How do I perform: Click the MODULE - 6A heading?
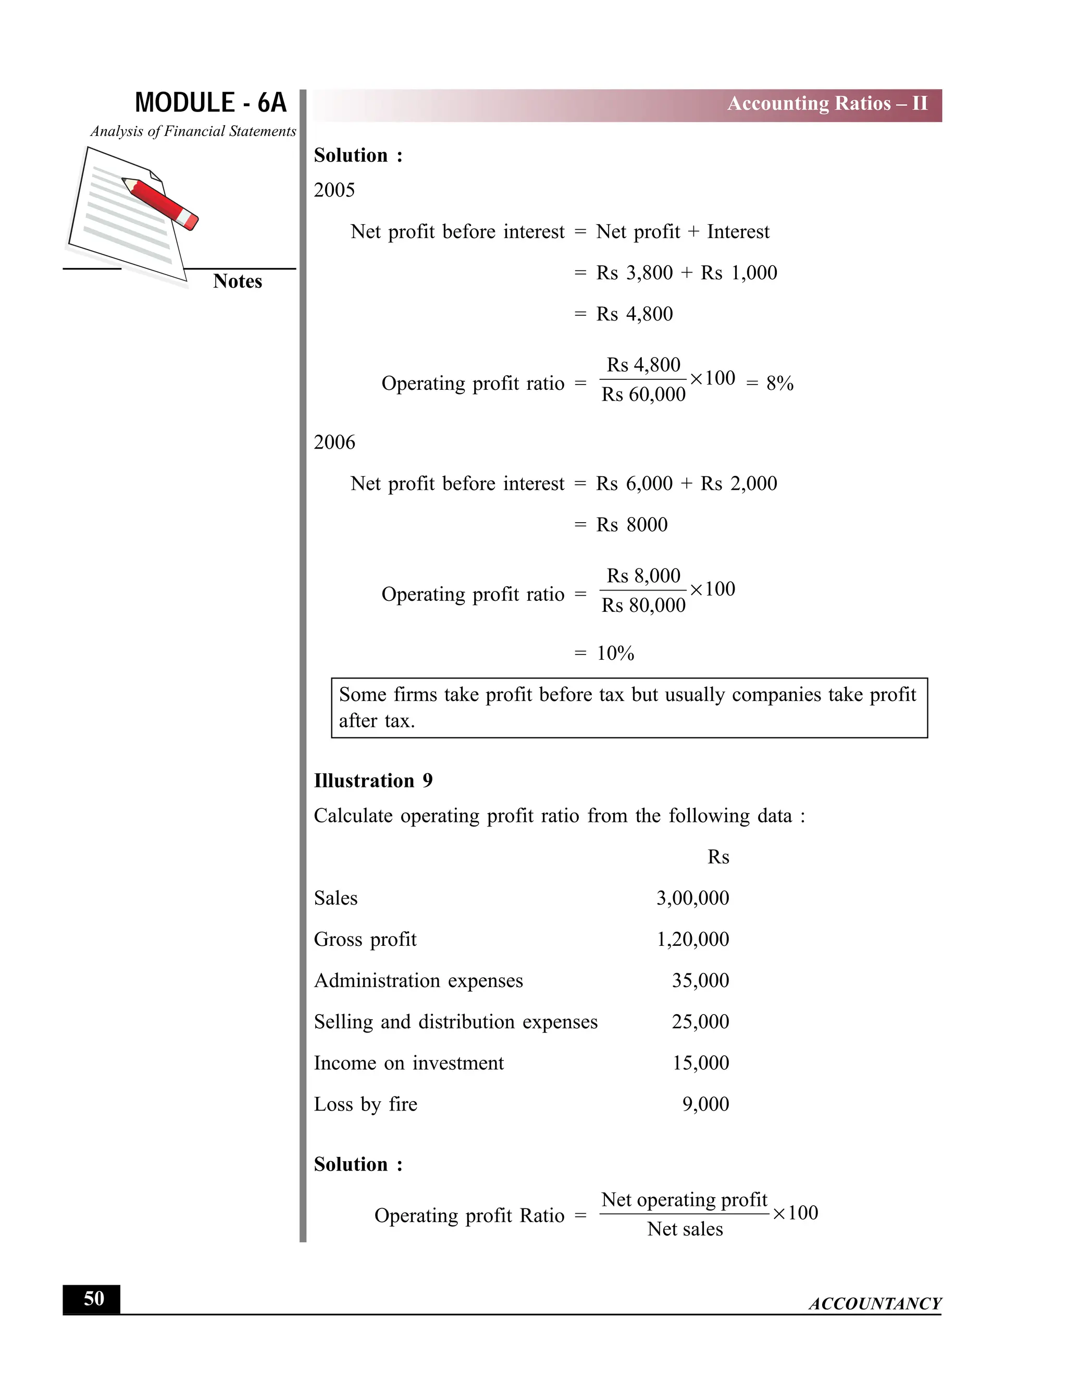pos(210,103)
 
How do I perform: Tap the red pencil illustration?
pos(160,203)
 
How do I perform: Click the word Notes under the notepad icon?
pos(237,281)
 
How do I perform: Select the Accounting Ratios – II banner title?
pos(827,104)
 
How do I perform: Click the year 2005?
pos(334,190)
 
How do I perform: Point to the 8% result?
pos(779,383)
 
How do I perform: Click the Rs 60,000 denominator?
pos(643,394)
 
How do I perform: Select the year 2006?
pos(334,442)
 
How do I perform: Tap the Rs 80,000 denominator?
pos(643,606)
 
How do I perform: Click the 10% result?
pos(615,653)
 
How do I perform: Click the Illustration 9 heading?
pos(373,781)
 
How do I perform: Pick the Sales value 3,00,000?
pos(692,898)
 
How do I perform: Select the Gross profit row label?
pos(365,940)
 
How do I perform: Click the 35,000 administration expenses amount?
pos(700,981)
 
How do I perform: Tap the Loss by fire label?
pos(365,1104)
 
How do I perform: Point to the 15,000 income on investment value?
pos(700,1063)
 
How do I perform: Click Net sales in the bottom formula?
pos(685,1229)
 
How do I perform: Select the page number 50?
pos(94,1299)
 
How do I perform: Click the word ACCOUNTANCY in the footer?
pos(875,1303)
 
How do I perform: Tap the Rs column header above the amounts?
pos(718,857)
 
